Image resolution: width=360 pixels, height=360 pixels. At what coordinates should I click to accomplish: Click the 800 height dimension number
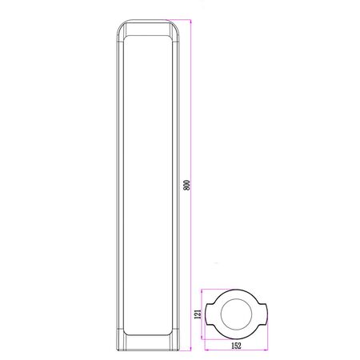187,185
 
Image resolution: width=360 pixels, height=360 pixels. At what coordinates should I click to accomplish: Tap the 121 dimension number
198,314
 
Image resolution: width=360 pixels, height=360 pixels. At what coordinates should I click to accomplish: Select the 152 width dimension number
236,346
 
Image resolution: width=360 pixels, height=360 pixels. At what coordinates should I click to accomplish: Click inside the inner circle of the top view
236,314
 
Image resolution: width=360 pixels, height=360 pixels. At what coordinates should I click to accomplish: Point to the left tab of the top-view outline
209,314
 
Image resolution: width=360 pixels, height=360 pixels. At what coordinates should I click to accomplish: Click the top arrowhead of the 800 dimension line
191,22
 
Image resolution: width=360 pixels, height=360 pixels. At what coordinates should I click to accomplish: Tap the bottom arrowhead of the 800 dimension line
191,349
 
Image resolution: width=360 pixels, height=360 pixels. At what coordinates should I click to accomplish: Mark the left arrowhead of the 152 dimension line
206,350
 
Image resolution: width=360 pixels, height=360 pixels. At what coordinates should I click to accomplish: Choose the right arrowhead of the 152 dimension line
266,350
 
